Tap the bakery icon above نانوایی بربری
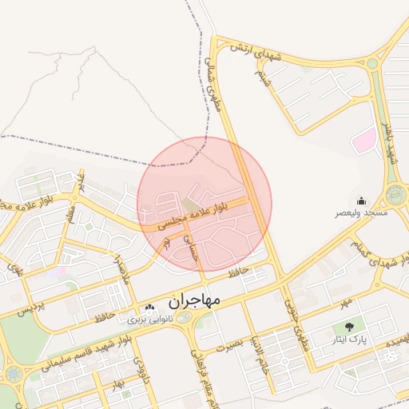pos(149,308)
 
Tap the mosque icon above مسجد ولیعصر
pos(361,201)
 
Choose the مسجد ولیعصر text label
pos(361,213)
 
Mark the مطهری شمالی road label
pos(213,83)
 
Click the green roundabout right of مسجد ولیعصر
pos(395,194)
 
